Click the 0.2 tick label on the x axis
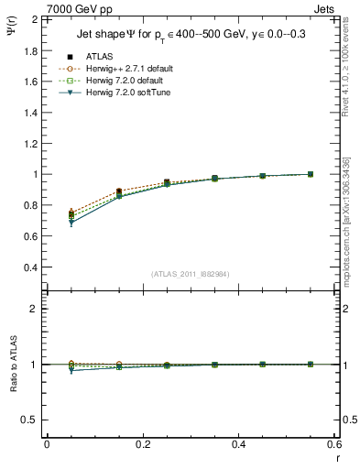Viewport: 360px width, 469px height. click(143, 444)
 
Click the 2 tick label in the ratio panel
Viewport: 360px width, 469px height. click(34, 309)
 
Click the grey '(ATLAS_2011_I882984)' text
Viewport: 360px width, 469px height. click(191, 273)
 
